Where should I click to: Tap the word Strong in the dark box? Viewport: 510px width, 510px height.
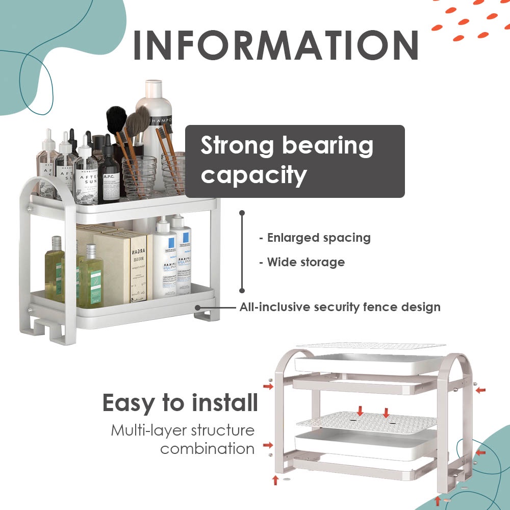click(x=237, y=146)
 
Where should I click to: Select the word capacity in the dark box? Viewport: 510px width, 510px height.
click(x=253, y=175)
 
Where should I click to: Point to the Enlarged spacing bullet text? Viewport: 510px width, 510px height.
click(x=315, y=238)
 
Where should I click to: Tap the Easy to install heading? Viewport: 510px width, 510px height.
click(x=180, y=403)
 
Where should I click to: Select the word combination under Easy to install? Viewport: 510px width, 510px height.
click(x=207, y=449)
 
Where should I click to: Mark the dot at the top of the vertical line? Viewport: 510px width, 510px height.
click(x=242, y=213)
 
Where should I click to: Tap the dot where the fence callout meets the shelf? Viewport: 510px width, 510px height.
click(x=197, y=308)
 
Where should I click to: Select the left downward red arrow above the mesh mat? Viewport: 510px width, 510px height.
click(x=361, y=411)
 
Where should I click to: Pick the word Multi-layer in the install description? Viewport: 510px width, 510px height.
click(x=146, y=430)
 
